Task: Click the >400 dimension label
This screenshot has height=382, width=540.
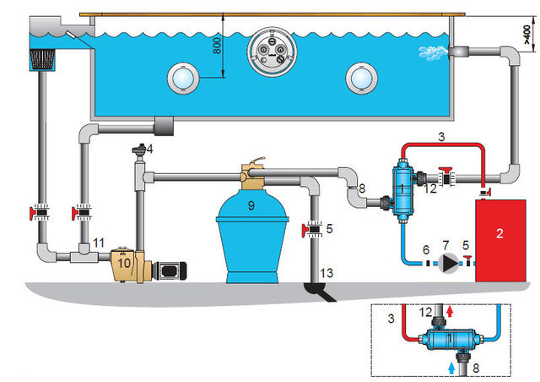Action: pos(527,31)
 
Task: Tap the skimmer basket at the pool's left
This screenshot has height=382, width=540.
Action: pos(42,59)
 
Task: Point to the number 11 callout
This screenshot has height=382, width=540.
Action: pos(99,243)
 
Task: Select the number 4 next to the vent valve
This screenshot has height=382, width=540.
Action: pos(150,149)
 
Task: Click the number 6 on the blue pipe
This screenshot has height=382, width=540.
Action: pos(426,251)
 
